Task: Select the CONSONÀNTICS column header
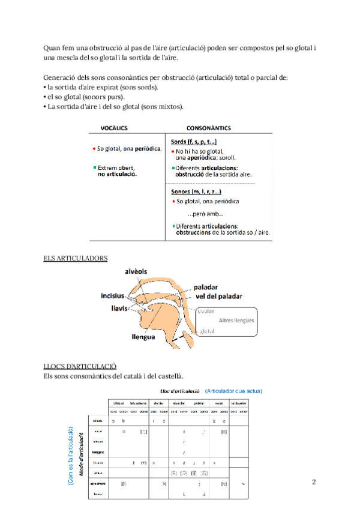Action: coord(209,128)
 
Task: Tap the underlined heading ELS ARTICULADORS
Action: coord(76,258)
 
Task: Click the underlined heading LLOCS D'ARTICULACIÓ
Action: coord(80,366)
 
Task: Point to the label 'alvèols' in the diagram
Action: coord(136,271)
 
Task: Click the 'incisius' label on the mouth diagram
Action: coord(113,296)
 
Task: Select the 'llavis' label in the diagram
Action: coord(119,308)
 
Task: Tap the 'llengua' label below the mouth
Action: coord(143,337)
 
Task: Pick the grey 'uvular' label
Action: coord(206,311)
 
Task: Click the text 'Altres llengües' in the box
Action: coord(236,321)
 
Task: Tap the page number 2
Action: coord(314,482)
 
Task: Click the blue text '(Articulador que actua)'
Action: coord(234,391)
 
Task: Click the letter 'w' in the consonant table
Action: coord(244,483)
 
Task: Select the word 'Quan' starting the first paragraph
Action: coord(52,47)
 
